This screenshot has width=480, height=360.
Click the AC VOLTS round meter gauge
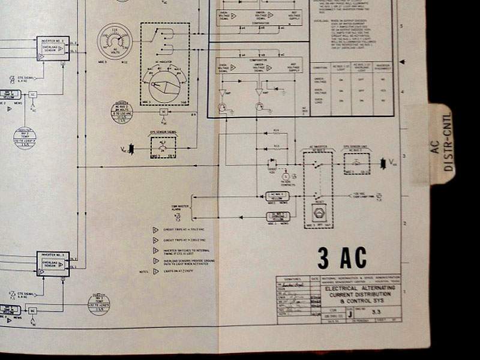click(115, 41)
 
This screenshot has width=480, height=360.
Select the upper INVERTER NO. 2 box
click(53, 48)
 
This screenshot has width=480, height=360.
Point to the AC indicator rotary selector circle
click(163, 88)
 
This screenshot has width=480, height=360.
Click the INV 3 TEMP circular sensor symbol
click(99, 302)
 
